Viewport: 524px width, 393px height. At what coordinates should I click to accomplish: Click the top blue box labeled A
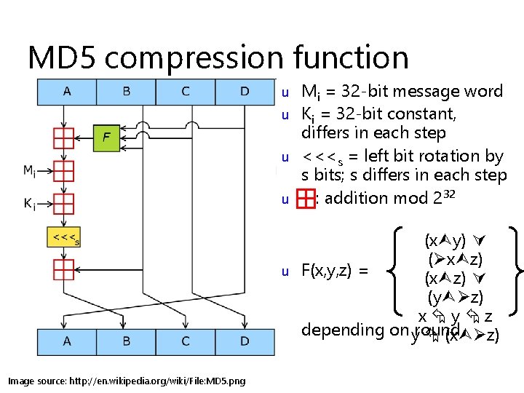coord(67,92)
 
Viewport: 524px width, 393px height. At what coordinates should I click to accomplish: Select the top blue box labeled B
coord(127,92)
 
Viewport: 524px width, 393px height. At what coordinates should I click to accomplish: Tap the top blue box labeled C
coord(186,92)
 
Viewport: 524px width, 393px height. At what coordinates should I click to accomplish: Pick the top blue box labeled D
coord(245,92)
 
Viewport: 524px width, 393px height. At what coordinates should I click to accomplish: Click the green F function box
coord(106,137)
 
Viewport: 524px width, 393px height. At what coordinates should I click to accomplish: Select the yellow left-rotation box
coord(64,237)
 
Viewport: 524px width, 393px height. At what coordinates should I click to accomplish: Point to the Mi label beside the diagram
coord(30,171)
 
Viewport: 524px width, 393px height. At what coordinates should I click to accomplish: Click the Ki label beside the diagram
coord(30,205)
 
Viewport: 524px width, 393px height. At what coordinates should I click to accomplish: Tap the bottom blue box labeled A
coord(67,341)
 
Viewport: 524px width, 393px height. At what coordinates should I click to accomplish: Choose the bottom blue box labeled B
coord(127,341)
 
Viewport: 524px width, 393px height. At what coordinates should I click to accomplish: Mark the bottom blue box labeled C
coord(186,341)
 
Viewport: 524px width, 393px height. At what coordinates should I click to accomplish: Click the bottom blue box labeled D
coord(245,341)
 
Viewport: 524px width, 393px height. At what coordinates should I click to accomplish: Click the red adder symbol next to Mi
coord(64,171)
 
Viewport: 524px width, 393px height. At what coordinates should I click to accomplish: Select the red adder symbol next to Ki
coord(64,204)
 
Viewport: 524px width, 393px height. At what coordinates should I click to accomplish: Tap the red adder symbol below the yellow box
coord(64,270)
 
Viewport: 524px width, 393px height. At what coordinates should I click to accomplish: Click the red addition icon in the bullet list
coord(306,198)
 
